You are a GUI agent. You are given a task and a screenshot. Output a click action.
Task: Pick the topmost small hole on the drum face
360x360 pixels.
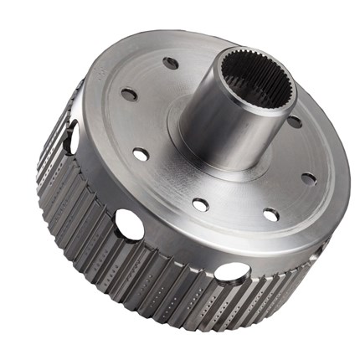171,63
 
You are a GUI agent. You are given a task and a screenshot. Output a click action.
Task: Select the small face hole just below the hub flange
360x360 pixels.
200,203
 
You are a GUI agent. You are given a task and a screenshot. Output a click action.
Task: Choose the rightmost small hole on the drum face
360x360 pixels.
308,178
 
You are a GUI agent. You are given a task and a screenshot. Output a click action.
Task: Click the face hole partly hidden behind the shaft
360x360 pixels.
294,122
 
